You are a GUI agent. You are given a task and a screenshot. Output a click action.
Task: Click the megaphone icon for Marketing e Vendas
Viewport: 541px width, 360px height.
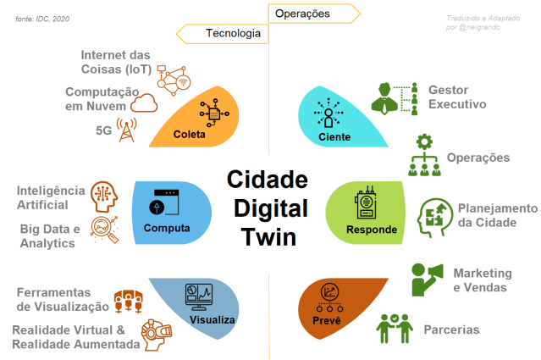(428, 279)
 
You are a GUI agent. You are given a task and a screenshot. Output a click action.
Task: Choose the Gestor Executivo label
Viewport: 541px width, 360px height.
(456, 97)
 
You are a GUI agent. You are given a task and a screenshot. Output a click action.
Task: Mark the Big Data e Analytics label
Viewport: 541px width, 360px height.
(49, 236)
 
